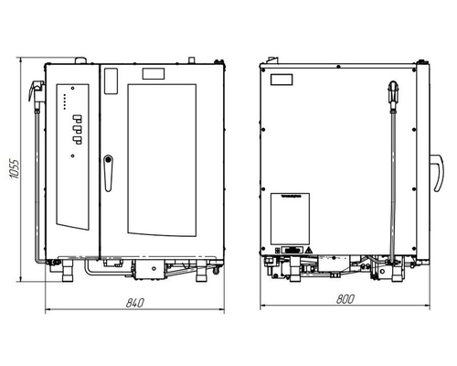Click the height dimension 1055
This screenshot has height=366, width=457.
pos(15,168)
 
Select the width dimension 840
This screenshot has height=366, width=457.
pos(134,303)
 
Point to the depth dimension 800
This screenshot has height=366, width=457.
pos(345,299)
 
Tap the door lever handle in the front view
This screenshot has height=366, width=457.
pos(108,173)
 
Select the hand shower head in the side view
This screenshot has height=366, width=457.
pos(393,94)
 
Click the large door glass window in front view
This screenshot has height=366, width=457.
pos(162,160)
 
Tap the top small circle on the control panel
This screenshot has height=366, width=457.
pos(72,89)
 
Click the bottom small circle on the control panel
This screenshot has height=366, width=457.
pos(72,156)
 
